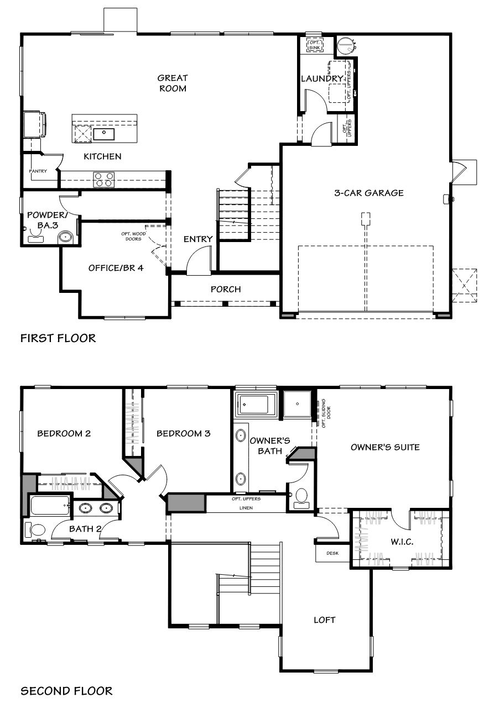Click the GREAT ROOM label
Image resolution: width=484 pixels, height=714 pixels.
(x=173, y=83)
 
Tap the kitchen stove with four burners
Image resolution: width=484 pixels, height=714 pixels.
(x=103, y=180)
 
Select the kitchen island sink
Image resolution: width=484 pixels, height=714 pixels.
(x=103, y=134)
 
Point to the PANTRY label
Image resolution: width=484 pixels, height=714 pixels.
(x=38, y=171)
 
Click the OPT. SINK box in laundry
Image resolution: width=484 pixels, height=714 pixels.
(x=315, y=45)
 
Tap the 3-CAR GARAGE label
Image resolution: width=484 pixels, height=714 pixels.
(x=369, y=193)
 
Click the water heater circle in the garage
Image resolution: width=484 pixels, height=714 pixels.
(x=345, y=45)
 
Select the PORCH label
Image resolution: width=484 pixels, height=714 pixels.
(x=226, y=289)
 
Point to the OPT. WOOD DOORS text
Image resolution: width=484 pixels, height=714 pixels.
(x=133, y=236)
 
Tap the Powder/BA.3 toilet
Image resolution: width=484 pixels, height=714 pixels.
(x=66, y=238)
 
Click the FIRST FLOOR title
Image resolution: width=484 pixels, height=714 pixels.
(x=58, y=338)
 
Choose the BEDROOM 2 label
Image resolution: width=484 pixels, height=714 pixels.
(x=64, y=433)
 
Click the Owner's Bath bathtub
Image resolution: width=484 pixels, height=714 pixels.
(x=254, y=405)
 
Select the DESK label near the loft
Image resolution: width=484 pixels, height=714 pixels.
(x=332, y=553)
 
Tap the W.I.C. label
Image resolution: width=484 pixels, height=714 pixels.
(x=402, y=542)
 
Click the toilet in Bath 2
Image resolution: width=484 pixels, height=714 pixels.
(x=35, y=530)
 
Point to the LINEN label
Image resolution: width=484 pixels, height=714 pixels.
(x=246, y=508)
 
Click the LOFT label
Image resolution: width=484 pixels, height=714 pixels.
(x=325, y=620)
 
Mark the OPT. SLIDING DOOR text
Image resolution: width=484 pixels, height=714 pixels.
(x=326, y=413)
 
